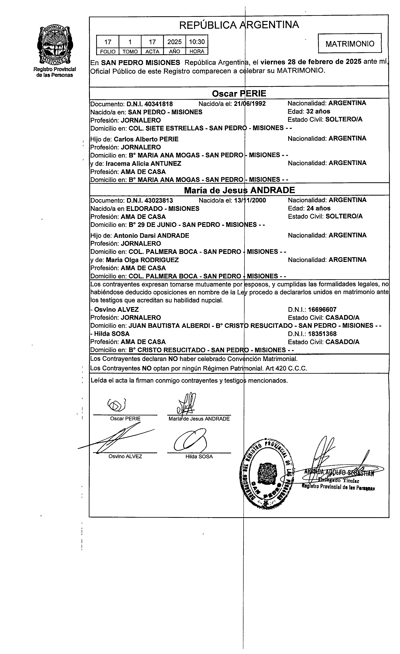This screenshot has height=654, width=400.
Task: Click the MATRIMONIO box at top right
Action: pos(349,43)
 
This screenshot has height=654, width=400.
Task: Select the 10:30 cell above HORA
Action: pos(197,42)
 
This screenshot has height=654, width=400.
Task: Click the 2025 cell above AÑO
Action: pos(174,42)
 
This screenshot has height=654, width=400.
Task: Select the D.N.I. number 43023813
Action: pos(149,200)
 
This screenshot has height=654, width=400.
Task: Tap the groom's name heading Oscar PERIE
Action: pos(239,93)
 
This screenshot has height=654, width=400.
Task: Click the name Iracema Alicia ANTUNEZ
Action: pos(143,164)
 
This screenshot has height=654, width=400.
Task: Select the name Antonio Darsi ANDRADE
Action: pos(151,235)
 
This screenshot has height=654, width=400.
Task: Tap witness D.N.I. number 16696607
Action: pos(322,309)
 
